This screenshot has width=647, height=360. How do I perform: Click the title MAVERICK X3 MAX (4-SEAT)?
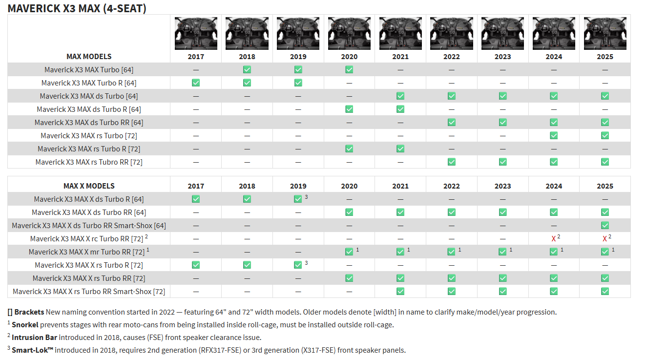tap(77, 8)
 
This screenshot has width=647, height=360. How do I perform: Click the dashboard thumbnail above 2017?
tap(196, 33)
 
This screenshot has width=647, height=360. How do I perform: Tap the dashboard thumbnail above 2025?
tap(605, 33)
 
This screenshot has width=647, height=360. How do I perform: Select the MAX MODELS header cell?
tap(89, 56)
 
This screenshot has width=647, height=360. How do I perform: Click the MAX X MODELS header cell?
tap(89, 186)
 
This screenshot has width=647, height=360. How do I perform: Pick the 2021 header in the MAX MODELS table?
tap(400, 57)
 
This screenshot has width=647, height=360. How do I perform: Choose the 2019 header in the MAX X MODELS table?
tap(298, 186)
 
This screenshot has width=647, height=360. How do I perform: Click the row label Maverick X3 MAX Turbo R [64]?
tap(89, 83)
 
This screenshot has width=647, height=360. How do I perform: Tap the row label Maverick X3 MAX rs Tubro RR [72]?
tap(89, 162)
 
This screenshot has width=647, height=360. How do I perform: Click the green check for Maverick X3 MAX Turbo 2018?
tap(247, 70)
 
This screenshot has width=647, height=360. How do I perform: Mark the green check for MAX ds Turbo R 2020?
tap(349, 109)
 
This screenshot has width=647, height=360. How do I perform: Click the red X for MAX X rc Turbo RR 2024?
tap(553, 239)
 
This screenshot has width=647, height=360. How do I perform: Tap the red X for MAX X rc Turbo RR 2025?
tap(605, 239)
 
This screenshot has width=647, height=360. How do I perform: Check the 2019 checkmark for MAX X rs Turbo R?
tap(298, 265)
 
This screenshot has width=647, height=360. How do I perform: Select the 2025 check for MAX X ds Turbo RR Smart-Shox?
tap(605, 226)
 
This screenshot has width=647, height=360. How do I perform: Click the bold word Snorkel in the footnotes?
tap(25, 324)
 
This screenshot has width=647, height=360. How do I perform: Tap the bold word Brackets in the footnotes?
tap(29, 312)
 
